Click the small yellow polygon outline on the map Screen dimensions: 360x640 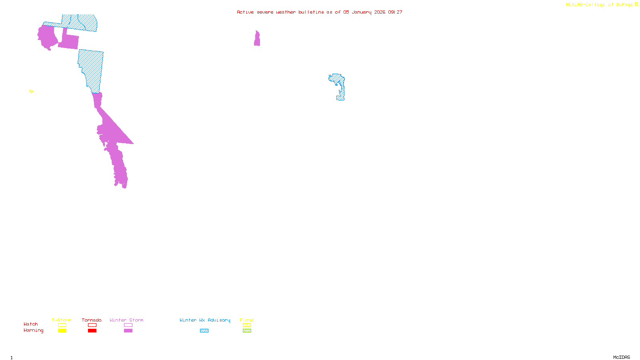coord(32,91)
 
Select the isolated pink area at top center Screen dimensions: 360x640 coord(257,39)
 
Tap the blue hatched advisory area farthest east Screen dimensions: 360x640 coord(340,86)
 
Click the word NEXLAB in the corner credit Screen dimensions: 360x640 coord(574,5)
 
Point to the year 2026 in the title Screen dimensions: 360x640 coord(380,12)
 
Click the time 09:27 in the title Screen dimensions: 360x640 coord(395,12)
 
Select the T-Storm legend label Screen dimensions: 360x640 coord(62,320)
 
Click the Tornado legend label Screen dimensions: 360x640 coord(92,320)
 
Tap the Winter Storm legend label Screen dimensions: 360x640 coord(126,320)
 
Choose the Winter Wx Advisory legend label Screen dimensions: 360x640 coord(205,320)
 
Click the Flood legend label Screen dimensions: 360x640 coord(247,320)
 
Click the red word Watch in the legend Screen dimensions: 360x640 coord(31,324)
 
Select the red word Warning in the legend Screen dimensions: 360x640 coord(34,330)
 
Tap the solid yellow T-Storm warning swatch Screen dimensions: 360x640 coord(62,331)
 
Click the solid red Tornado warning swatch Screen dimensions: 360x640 coord(92,331)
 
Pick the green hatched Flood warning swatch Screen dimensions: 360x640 coord(247,331)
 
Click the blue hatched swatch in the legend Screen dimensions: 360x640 coord(204,331)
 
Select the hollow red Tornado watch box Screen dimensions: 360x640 coord(92,325)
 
